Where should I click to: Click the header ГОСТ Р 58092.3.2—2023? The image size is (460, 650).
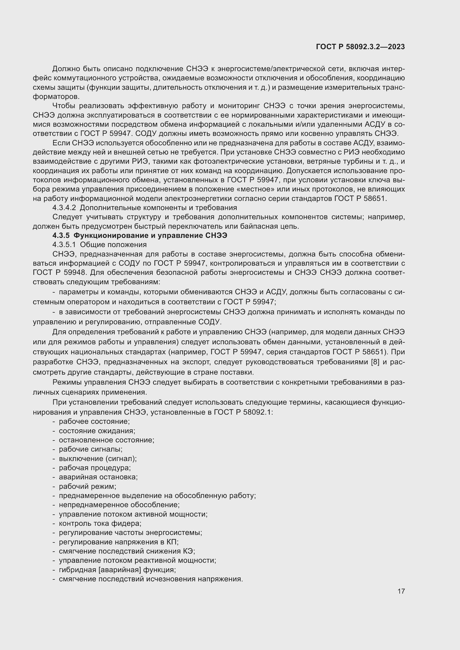coord(360,47)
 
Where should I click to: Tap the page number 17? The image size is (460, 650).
coord(401,591)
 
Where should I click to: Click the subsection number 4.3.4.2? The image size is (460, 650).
coord(64,208)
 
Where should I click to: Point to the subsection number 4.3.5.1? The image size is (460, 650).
coord(64,245)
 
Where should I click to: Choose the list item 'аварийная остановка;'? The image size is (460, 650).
coord(98,477)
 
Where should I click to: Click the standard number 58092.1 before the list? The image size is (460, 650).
coord(257,412)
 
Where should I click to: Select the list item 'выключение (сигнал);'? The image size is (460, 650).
coord(98,459)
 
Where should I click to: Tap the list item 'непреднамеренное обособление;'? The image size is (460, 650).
coord(119,505)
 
